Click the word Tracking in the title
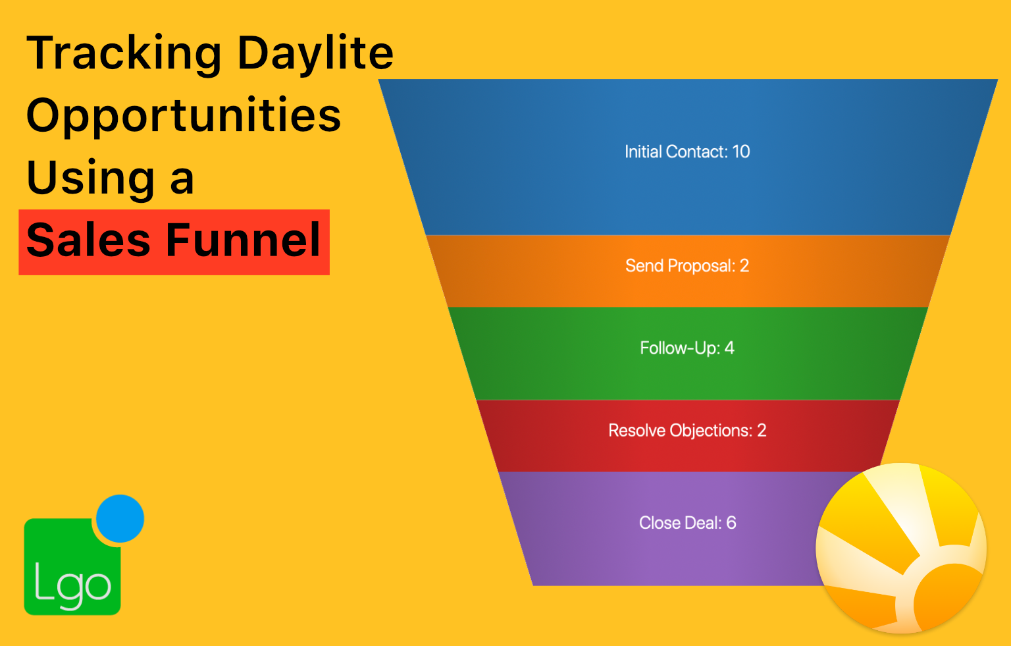(x=124, y=54)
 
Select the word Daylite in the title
(x=315, y=53)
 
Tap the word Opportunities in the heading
(x=184, y=116)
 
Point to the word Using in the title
(x=91, y=178)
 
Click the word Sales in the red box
(x=88, y=240)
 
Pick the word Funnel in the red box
(x=244, y=240)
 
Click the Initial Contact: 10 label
(x=687, y=151)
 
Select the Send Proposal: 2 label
(x=687, y=266)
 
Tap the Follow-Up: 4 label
(x=687, y=348)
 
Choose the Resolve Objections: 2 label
(x=687, y=430)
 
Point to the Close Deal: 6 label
(x=687, y=523)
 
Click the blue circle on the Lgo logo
(x=120, y=518)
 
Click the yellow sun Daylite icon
(x=901, y=548)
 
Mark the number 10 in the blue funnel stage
(x=740, y=151)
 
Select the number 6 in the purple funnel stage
(x=731, y=523)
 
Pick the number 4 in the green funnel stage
(x=729, y=348)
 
